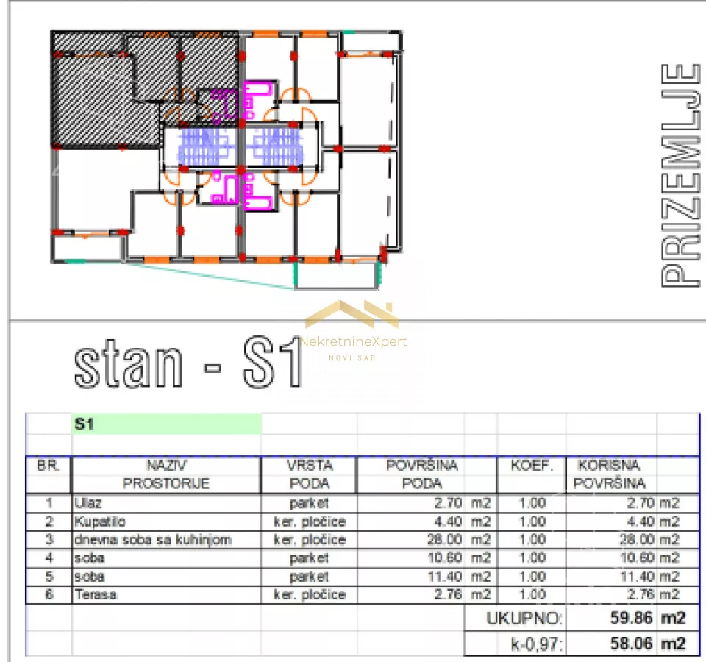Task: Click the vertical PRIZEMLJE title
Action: (680, 176)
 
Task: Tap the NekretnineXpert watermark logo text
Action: (354, 342)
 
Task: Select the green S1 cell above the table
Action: (167, 424)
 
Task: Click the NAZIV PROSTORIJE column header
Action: (166, 474)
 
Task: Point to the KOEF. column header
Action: (532, 466)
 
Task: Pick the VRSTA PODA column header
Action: (310, 474)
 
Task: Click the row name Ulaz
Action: (88, 503)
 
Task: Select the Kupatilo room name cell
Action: (100, 522)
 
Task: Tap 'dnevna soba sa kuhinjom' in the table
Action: (153, 539)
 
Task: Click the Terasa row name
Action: (96, 594)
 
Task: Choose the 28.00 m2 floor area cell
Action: (458, 539)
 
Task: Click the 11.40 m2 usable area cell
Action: (649, 577)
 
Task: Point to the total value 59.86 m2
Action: (647, 618)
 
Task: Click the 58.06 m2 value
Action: (647, 644)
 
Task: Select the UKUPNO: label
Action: (524, 619)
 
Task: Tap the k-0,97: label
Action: (537, 644)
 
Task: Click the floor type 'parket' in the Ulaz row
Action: (310, 503)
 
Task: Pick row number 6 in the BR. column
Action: (49, 594)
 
